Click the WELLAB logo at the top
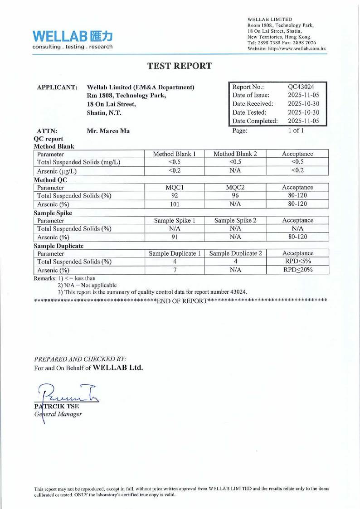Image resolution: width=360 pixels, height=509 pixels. (73, 39)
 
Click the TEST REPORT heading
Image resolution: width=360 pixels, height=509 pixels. (180, 66)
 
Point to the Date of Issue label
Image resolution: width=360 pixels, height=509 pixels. (251, 95)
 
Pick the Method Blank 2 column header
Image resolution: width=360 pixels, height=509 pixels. (235, 154)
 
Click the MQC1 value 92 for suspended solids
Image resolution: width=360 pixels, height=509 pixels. (175, 196)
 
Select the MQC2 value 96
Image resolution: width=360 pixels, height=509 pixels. (235, 196)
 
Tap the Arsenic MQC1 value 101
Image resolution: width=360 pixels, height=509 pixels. (175, 204)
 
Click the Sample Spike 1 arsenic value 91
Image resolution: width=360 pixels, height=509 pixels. (175, 237)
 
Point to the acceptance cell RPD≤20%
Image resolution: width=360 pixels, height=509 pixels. (297, 270)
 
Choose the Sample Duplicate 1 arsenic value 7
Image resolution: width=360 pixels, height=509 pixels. (175, 270)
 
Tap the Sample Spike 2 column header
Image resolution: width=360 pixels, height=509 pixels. (235, 220)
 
